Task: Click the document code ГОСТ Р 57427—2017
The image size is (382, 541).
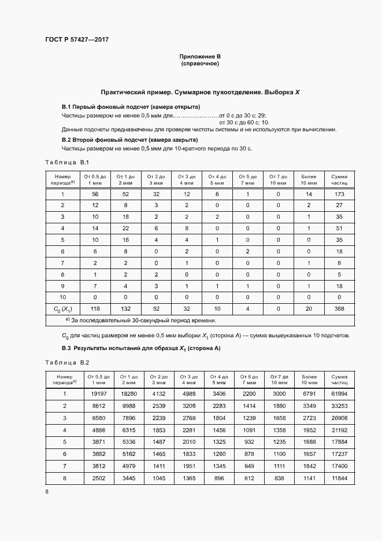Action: coord(77,39)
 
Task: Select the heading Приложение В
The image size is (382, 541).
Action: coord(199,56)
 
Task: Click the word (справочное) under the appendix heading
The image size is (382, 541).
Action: coord(199,63)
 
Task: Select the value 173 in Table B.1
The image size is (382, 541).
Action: coord(339,194)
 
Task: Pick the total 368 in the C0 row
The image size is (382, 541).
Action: coord(339,309)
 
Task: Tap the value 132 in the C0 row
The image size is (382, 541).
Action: coord(125,309)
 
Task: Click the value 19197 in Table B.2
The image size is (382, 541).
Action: coord(97,393)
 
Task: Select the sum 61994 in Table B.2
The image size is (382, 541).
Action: coord(339,393)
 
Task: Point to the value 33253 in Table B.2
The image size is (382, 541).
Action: coord(339,406)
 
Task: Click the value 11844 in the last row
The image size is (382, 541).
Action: coord(339,478)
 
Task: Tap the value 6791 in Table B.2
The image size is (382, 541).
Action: coord(309,393)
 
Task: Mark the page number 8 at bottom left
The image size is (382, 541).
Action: coord(47,492)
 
